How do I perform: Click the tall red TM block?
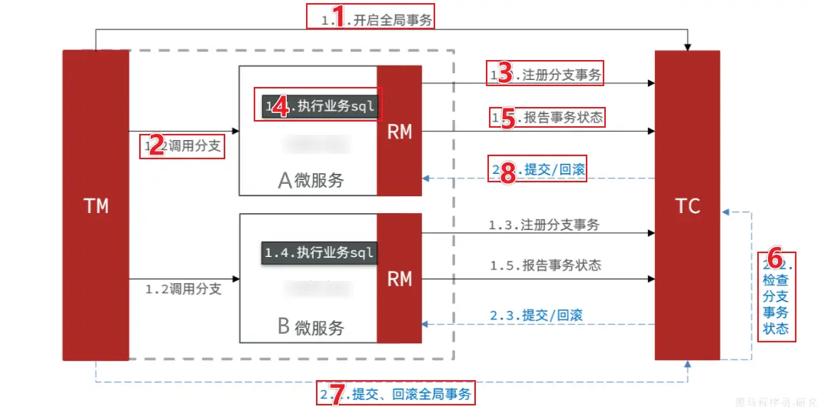[x=95, y=205]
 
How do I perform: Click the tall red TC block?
[x=687, y=205]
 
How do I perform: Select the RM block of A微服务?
[x=399, y=131]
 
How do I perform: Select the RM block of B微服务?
[x=399, y=278]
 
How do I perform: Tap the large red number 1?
[x=335, y=16]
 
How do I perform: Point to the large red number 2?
[x=156, y=145]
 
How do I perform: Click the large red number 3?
[x=504, y=74]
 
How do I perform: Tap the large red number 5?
[x=507, y=118]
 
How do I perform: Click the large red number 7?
[x=335, y=394]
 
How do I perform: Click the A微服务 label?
[x=311, y=180]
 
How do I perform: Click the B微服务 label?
[x=311, y=327]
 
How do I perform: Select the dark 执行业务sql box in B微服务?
[x=319, y=252]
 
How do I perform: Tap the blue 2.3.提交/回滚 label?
[x=536, y=315]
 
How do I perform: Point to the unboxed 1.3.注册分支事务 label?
[x=544, y=225]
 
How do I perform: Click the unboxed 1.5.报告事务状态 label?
[x=545, y=265]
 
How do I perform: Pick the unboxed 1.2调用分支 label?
[x=183, y=289]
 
